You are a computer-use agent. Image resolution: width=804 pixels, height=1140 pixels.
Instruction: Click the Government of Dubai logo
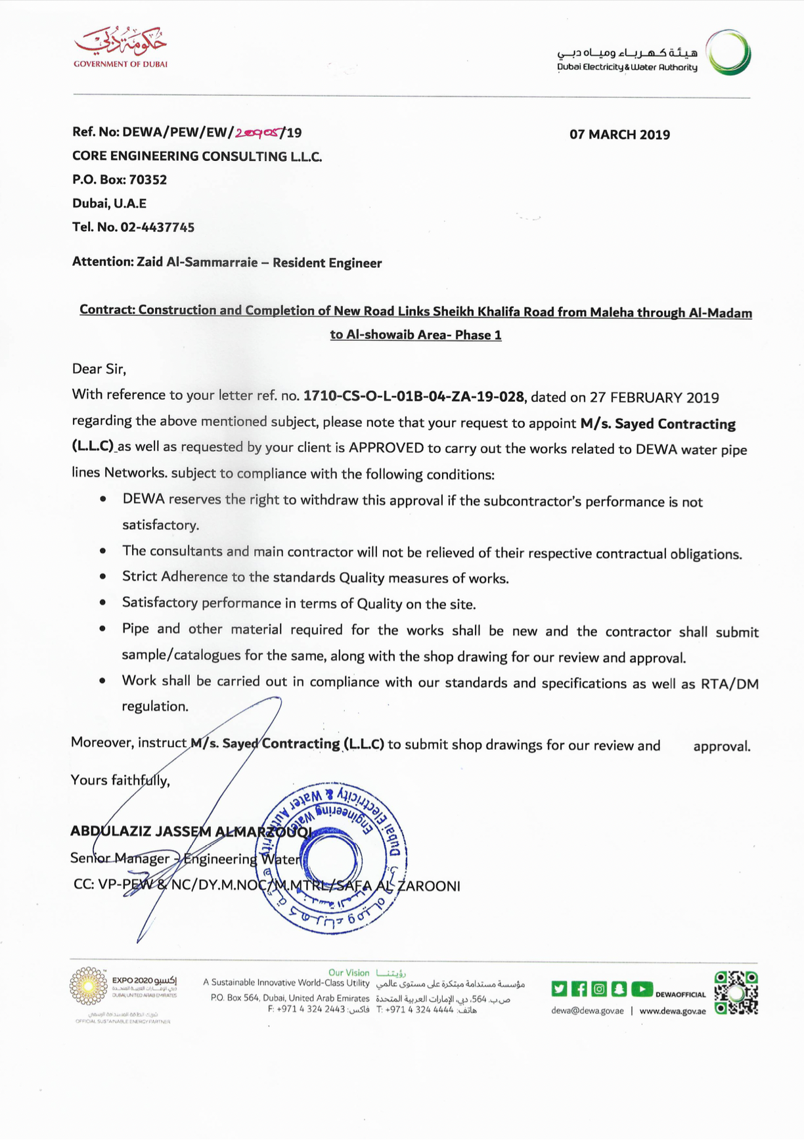coord(120,46)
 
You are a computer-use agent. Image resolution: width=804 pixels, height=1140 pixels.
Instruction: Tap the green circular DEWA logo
coord(728,52)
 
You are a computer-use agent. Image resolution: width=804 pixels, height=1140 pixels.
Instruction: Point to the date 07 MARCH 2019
coord(619,135)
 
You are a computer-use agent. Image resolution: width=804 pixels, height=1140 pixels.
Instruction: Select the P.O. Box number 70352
coord(148,179)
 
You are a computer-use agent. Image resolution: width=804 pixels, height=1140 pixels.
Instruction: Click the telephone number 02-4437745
coord(157,227)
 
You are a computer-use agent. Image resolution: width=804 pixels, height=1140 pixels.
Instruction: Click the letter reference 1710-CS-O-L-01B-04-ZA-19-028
coord(414,396)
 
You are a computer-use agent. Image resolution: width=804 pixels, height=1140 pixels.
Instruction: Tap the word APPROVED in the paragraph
coord(386,448)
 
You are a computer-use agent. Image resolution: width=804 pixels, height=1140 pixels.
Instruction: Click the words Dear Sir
coord(99,368)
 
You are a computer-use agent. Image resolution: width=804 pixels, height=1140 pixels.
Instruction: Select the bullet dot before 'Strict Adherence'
coord(103,577)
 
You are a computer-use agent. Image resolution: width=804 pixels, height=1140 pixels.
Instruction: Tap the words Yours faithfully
coord(120,780)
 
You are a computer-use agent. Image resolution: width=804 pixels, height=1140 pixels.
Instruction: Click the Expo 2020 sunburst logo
coord(89,986)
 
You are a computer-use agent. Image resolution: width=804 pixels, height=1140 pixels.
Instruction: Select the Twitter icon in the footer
coord(559,988)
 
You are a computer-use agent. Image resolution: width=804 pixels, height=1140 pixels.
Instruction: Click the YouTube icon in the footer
coord(642,988)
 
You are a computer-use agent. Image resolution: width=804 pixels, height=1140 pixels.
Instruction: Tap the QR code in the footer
coord(736,992)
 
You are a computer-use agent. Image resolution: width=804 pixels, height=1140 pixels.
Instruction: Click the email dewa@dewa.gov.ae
coord(587,1011)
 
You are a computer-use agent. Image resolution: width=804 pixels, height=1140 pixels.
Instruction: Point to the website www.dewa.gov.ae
coord(672,1011)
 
